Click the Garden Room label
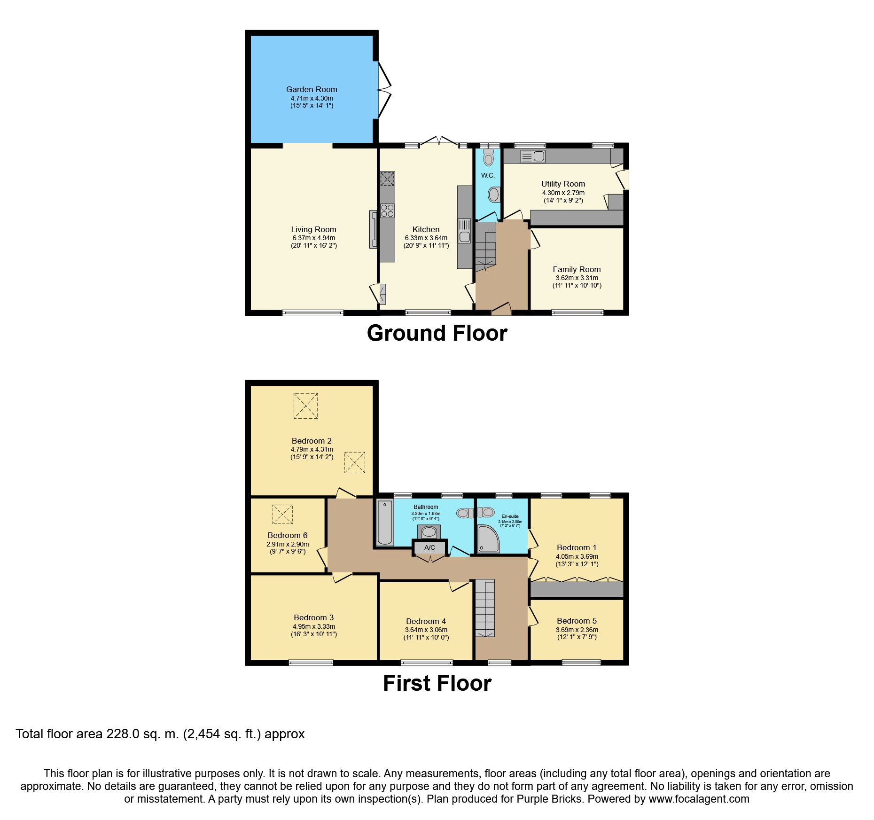312,89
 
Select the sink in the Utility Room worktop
533,156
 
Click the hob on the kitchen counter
387,211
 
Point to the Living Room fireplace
373,229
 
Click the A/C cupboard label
429,547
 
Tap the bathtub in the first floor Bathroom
384,523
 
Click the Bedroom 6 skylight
282,514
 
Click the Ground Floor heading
437,333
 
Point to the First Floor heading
437,683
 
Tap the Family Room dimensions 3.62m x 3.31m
577,278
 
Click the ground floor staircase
485,247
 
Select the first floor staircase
484,609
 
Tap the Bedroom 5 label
577,621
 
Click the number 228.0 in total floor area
123,734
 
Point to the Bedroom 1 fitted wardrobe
577,589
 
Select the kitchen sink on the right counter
464,230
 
